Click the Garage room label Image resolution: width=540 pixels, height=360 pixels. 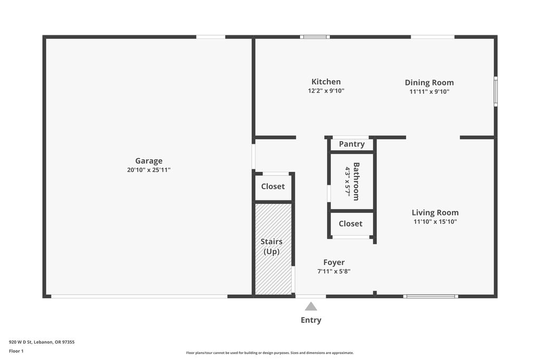coord(149,161)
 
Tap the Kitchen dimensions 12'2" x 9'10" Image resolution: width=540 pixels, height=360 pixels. coord(326,91)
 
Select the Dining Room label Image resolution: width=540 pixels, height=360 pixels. coord(429,83)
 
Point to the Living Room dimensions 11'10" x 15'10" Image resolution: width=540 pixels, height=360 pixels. coord(435,222)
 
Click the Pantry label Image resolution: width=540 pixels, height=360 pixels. coord(352,144)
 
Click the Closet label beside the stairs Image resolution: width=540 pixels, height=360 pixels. coord(273,187)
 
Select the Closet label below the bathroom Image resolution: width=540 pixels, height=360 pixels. coord(351,223)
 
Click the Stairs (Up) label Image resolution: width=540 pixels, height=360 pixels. coord(272,247)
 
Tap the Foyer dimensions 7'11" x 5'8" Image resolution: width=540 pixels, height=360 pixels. coord(334,271)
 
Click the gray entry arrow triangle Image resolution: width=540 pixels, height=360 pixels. coord(311,306)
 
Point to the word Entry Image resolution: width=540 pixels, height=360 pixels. coord(311,320)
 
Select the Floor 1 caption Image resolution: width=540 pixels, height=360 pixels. coord(16,351)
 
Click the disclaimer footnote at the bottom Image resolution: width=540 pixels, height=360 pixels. coord(270,353)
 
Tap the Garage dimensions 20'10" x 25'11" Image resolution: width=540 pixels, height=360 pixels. coord(149,170)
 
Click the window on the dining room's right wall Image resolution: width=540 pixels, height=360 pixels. coord(496,91)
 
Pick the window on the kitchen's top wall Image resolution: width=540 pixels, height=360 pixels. coord(315,37)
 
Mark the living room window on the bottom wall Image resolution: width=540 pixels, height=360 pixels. coord(430,296)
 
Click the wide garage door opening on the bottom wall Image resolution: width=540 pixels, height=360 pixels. coord(139,296)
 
